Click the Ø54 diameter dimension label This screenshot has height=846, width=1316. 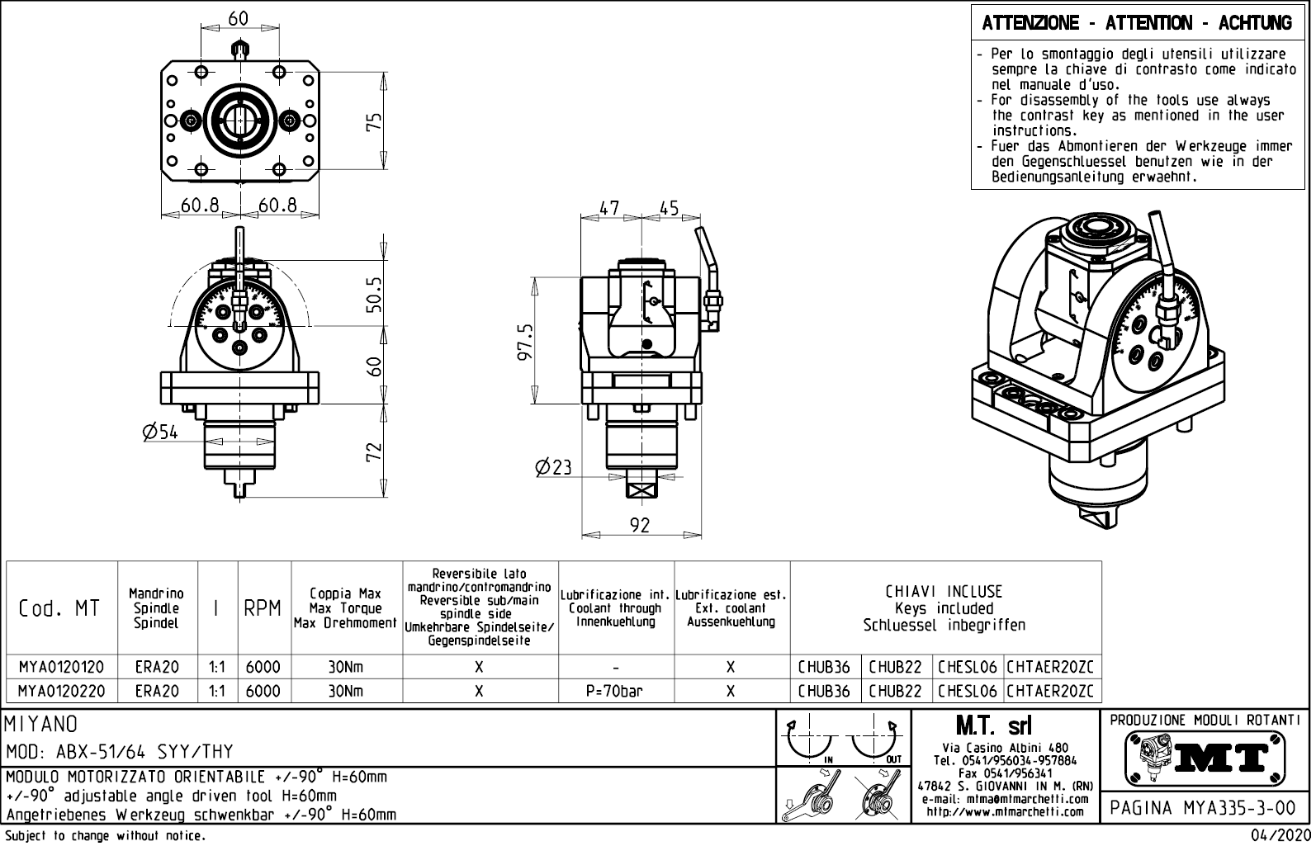pyautogui.click(x=160, y=432)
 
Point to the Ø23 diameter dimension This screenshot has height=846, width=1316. pyautogui.click(x=553, y=468)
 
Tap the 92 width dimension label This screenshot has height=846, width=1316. pyautogui.click(x=640, y=525)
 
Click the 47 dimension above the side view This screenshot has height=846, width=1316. pyautogui.click(x=609, y=208)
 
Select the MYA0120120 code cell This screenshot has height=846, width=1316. pyautogui.click(x=61, y=667)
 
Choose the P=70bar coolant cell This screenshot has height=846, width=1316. pyautogui.click(x=615, y=691)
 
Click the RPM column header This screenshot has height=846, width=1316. pyautogui.click(x=263, y=609)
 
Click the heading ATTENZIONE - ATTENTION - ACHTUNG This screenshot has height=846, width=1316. pyautogui.click(x=1137, y=23)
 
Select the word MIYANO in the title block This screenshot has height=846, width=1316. pyautogui.click(x=41, y=724)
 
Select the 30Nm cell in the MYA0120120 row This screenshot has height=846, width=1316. pyautogui.click(x=345, y=667)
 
